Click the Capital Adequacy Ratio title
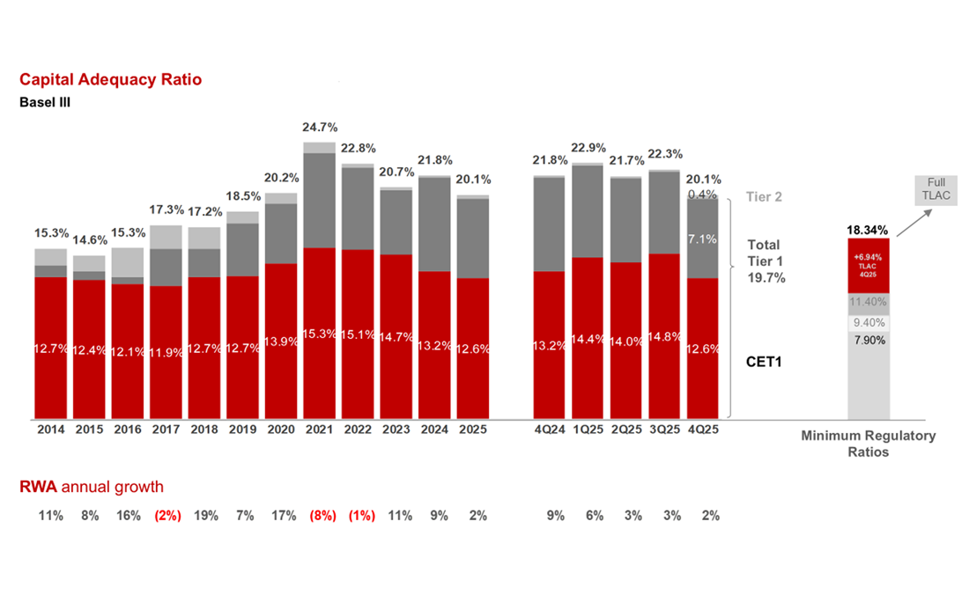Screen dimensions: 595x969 (x=111, y=80)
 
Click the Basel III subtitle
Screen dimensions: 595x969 (x=45, y=102)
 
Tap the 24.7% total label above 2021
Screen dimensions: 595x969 (x=320, y=128)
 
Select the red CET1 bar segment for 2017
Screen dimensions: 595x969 (x=166, y=352)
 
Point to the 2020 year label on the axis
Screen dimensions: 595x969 (x=281, y=430)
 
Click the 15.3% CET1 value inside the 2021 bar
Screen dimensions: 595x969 (x=320, y=334)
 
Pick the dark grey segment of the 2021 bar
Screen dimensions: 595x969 (x=320, y=200)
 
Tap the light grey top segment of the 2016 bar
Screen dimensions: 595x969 (x=128, y=262)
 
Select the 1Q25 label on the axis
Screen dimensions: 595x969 (x=588, y=430)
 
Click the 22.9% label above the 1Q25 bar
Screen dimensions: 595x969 (x=588, y=147)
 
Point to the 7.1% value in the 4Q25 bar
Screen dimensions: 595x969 (x=704, y=239)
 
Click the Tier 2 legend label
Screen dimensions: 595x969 (x=764, y=197)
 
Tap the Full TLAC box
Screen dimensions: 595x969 (x=936, y=189)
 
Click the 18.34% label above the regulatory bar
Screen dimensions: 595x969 (x=869, y=230)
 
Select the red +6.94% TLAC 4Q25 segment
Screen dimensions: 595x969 (x=869, y=265)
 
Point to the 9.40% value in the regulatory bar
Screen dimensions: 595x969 (x=869, y=323)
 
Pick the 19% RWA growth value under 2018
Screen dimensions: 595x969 (x=206, y=516)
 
